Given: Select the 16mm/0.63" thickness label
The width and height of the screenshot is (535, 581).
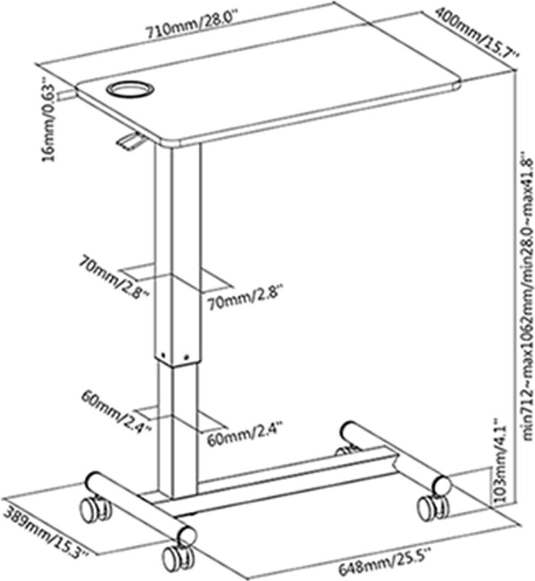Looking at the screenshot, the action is coord(50,122).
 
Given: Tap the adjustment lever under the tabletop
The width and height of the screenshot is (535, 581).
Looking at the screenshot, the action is coord(130,140).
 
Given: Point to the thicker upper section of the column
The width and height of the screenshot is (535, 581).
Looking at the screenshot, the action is coord(178,250).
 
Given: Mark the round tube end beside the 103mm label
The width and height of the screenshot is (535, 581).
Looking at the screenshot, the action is coord(442,485).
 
